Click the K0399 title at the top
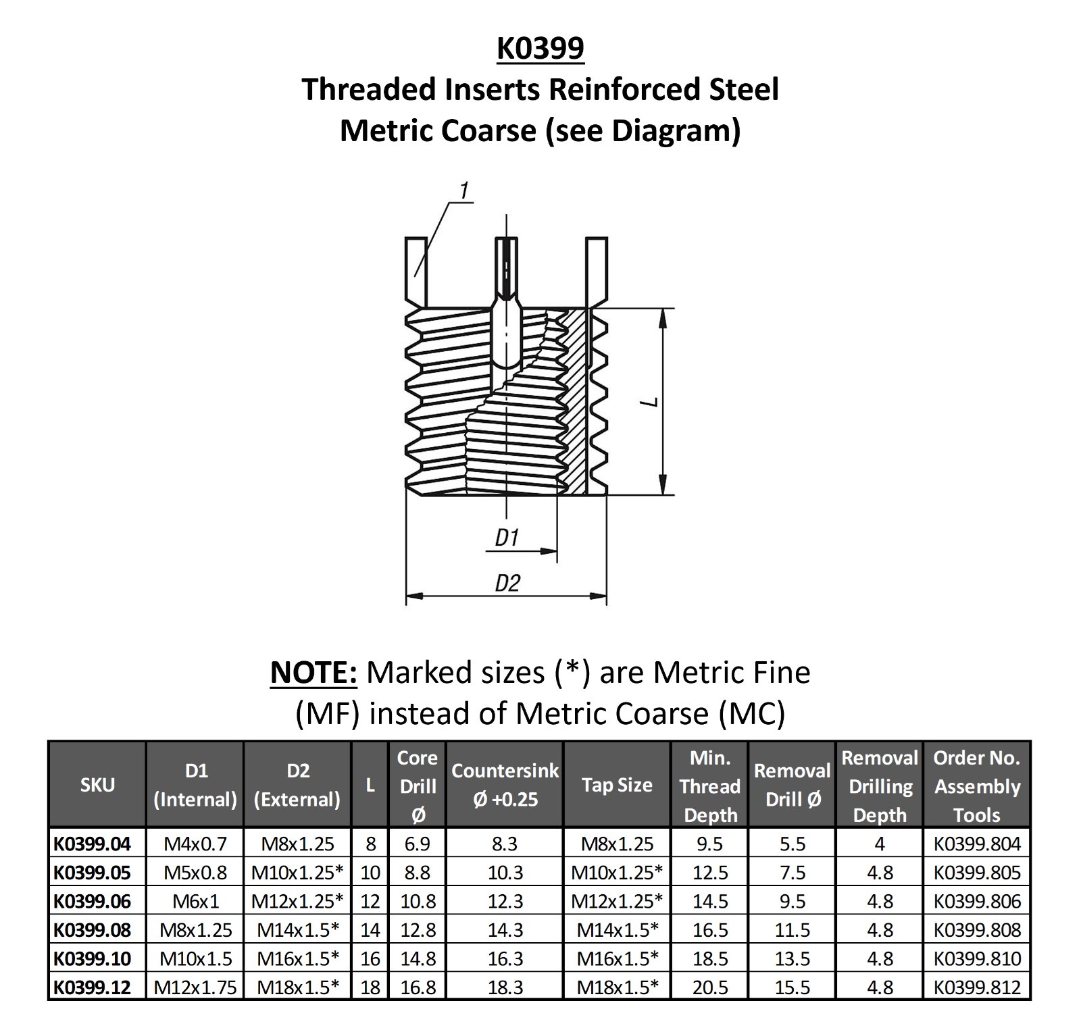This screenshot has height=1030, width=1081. pos(540,49)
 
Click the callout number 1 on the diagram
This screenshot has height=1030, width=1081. pos(463,191)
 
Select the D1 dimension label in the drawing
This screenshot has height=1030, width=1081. pos(507,538)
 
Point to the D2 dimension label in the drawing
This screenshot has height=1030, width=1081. pos(507,583)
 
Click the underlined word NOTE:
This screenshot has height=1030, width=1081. pos(313,673)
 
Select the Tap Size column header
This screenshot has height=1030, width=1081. pos(617,785)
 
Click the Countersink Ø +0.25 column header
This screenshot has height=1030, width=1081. pos(505,785)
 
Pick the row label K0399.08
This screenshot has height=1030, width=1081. pos(93,930)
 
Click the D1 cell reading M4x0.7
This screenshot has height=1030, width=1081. pos(195,844)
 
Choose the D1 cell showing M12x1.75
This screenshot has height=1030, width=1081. pos(195,987)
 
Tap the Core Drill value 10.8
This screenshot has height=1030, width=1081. pos(418,901)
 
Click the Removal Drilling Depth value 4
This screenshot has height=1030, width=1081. pos(879,844)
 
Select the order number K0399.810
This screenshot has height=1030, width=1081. pos(977,958)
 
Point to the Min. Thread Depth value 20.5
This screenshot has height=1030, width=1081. pos(710,987)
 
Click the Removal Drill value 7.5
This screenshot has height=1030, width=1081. pos(792,873)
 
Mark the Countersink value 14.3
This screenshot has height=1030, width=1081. pos(505,930)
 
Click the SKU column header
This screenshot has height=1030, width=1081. pos(97,785)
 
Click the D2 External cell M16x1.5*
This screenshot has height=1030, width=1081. pos(297,958)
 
